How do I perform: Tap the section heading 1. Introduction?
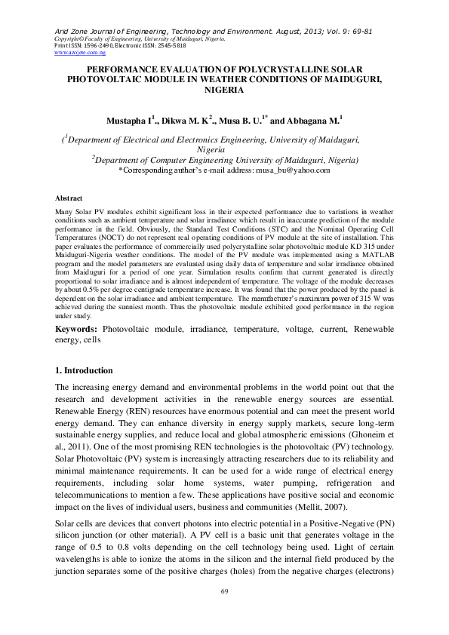85,371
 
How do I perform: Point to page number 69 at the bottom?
224,612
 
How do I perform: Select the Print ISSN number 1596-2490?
86,46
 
